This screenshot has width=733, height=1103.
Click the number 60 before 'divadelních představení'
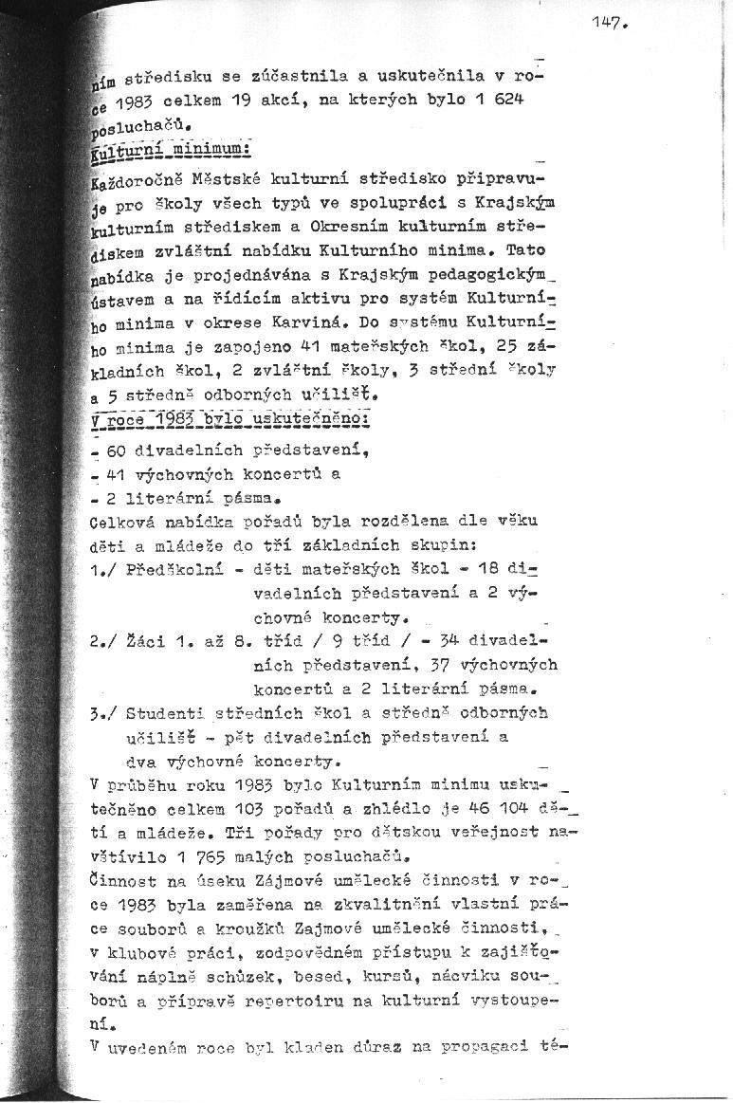coord(119,450)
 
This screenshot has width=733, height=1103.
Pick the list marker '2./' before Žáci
coord(105,640)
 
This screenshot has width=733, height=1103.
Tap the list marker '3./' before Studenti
coord(106,712)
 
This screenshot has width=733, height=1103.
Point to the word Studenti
coord(167,712)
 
